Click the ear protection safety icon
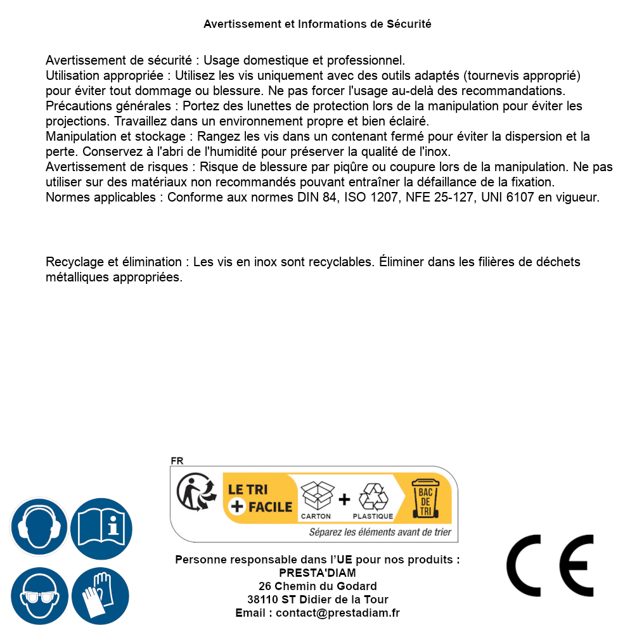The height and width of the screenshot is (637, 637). (x=39, y=526)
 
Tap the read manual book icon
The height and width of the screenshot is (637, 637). (x=101, y=526)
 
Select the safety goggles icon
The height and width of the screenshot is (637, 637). (x=39, y=596)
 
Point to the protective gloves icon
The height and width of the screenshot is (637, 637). (x=101, y=596)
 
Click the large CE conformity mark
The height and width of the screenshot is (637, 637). (x=550, y=566)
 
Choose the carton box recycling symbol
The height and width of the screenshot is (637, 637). (x=316, y=496)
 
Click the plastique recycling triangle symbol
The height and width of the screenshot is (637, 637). (x=373, y=497)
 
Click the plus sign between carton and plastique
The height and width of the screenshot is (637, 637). (x=344, y=499)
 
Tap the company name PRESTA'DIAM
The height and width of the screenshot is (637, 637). (x=318, y=573)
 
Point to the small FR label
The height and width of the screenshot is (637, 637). (x=177, y=461)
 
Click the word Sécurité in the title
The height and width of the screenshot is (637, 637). (x=409, y=24)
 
